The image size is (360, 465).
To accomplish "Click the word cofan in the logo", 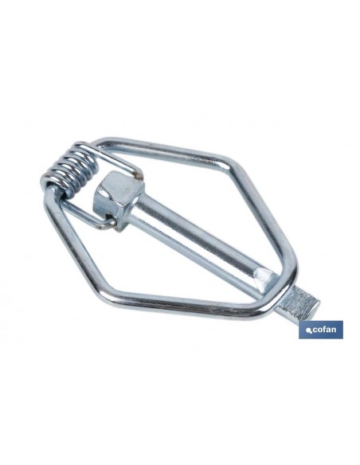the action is click(325, 329).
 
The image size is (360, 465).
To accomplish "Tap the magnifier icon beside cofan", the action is click(309, 331).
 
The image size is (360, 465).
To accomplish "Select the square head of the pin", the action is click(118, 198).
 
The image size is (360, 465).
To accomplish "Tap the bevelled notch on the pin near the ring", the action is click(266, 279).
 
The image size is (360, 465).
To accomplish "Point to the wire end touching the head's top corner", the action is click(139, 175).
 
